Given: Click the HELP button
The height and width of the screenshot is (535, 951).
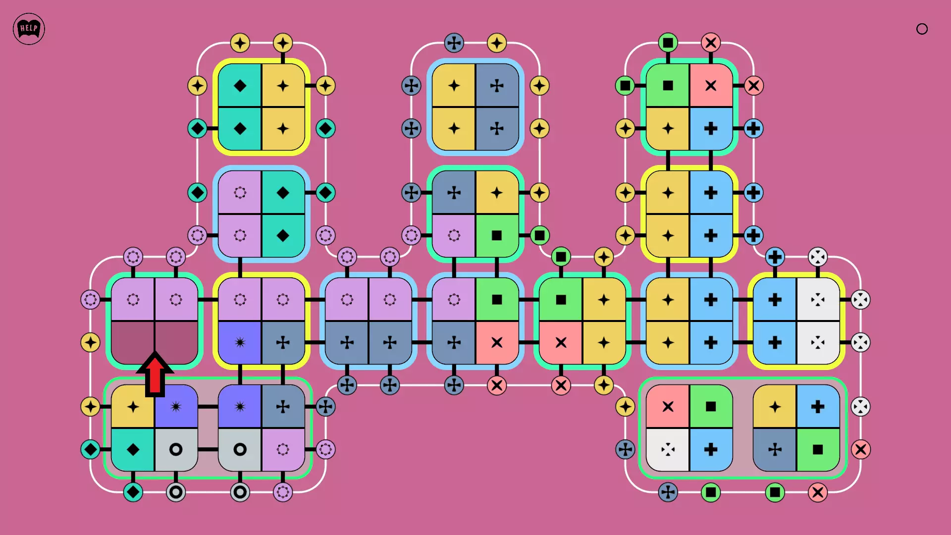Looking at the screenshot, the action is tap(29, 29).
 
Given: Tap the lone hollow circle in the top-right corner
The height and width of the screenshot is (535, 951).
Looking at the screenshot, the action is tap(922, 29).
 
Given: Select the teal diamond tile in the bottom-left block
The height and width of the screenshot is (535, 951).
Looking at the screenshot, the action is tap(133, 450).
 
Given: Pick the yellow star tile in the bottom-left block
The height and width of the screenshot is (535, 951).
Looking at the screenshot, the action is tap(133, 407).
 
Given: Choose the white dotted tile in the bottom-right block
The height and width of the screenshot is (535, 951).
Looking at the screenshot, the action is tap(668, 450).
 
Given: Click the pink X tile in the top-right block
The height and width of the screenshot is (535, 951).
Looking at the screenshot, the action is tap(711, 86).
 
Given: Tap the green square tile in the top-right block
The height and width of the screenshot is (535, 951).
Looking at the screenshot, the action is tap(668, 86).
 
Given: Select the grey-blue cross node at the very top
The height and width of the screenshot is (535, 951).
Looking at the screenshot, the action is tap(454, 43).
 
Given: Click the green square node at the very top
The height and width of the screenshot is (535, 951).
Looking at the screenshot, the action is tap(668, 43).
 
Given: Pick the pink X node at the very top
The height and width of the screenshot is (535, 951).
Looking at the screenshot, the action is tap(711, 43).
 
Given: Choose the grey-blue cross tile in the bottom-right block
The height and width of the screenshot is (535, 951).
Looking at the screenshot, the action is tap(775, 450).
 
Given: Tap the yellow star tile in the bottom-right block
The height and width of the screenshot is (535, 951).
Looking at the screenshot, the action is tap(775, 407).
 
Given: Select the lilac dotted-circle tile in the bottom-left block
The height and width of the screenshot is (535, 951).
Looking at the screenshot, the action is tap(283, 450).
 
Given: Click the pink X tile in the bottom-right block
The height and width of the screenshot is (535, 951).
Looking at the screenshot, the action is tap(668, 407).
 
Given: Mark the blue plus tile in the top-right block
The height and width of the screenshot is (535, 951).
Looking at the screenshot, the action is tap(711, 129).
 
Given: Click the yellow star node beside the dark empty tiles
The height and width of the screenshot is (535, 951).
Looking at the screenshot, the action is tap(90, 343).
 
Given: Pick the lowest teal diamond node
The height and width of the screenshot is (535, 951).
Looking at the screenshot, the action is tap(133, 492).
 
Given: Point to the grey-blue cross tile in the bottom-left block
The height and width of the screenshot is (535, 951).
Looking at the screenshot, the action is tap(283, 407).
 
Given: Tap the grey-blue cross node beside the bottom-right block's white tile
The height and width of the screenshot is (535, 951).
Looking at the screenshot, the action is tap(625, 450).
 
